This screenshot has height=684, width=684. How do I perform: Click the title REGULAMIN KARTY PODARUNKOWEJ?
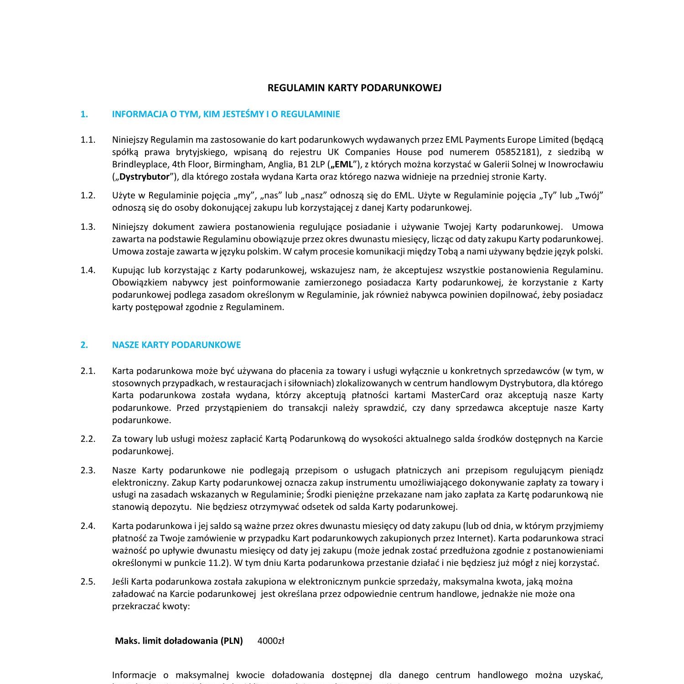[354, 88]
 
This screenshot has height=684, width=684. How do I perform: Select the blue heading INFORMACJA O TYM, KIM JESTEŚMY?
[226, 114]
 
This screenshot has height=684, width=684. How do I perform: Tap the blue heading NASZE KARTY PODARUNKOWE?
[176, 345]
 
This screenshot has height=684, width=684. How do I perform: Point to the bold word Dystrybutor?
[145, 176]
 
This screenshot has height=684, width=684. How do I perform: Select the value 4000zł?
[271, 641]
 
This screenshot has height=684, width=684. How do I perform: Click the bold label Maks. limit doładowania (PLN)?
[179, 641]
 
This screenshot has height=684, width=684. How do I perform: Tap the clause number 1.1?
[88, 140]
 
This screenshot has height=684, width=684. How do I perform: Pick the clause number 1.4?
[88, 270]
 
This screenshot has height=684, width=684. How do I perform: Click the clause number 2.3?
[88, 470]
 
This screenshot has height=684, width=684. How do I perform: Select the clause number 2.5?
[88, 581]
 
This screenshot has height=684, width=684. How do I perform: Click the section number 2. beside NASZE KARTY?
[84, 345]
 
